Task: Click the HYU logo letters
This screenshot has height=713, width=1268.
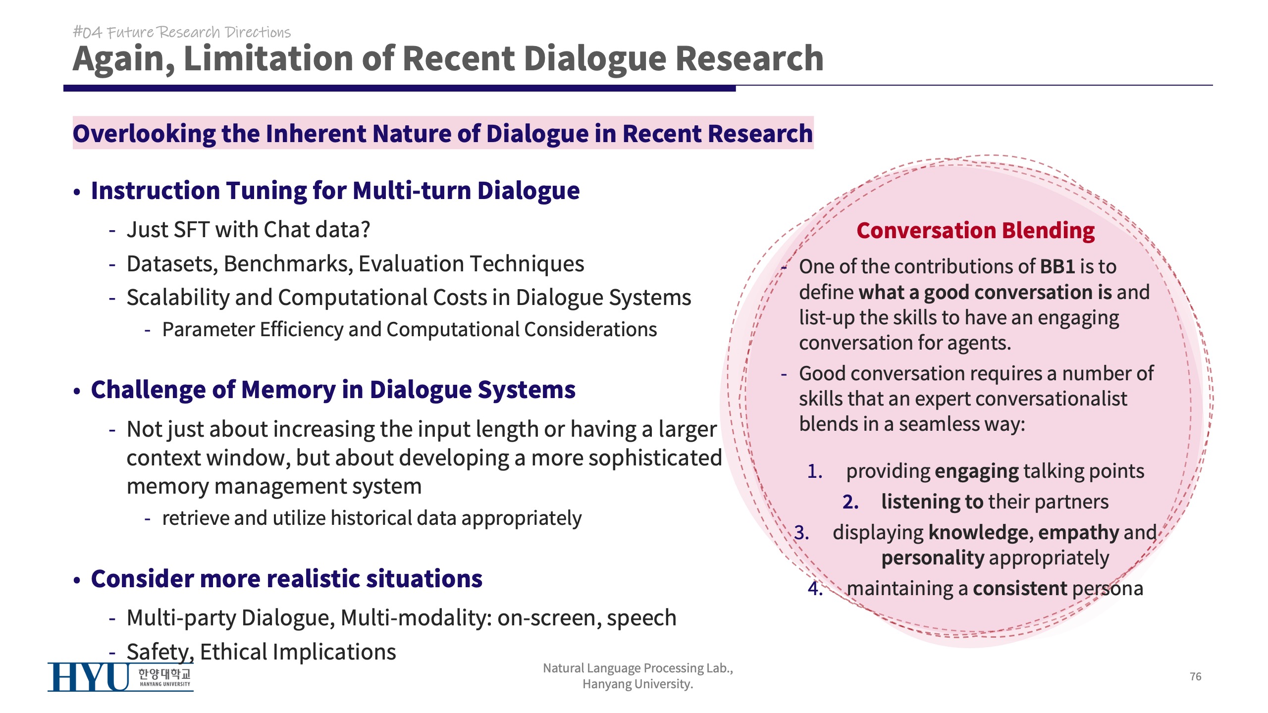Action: click(89, 677)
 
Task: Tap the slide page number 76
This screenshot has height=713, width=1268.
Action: click(1195, 676)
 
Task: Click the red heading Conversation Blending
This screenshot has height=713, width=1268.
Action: click(976, 231)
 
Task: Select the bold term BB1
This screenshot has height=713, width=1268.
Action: click(1057, 266)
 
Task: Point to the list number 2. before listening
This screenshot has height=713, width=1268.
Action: click(850, 502)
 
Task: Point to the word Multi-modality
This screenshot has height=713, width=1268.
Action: click(416, 618)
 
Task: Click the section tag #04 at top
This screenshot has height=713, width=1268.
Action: click(87, 32)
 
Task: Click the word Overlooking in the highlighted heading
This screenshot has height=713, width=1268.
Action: click(144, 134)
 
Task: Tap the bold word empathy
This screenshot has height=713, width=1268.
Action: click(1078, 533)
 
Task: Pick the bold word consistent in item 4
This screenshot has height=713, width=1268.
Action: click(1020, 588)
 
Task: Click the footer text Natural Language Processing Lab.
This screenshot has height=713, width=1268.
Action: click(638, 668)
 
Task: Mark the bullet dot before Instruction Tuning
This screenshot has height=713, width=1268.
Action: click(77, 192)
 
